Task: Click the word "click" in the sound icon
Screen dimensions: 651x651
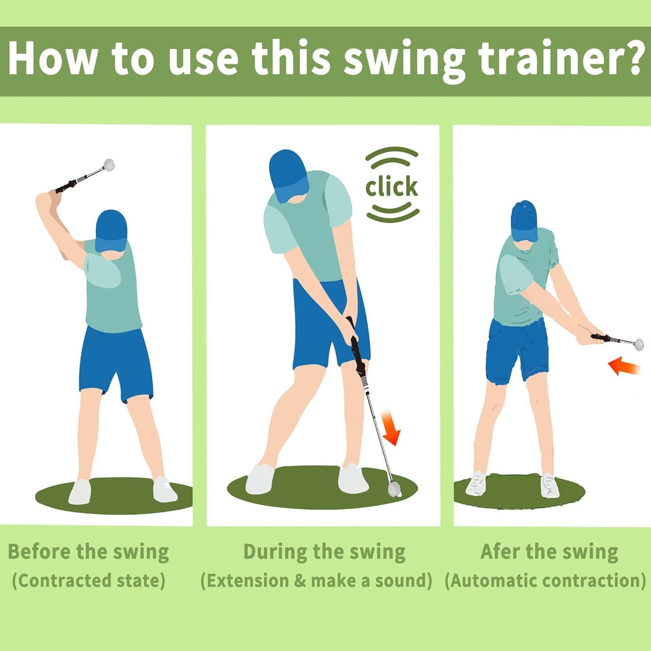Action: coord(392,187)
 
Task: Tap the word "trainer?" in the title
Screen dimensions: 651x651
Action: coord(561,59)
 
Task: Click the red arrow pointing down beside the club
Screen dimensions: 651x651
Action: coord(390,428)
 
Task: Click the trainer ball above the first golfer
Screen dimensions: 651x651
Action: coord(109,164)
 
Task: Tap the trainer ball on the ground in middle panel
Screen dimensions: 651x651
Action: coord(394,488)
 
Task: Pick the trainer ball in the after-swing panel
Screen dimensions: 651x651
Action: coord(638,345)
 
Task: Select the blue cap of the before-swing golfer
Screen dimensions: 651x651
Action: coord(111,229)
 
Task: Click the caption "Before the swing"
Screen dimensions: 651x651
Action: coord(89,552)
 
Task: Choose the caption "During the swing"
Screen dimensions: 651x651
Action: coord(324,552)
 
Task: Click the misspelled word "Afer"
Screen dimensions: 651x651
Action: coord(499,551)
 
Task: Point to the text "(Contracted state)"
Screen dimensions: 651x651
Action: coord(89,581)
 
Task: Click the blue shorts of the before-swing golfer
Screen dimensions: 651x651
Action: coord(115,360)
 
